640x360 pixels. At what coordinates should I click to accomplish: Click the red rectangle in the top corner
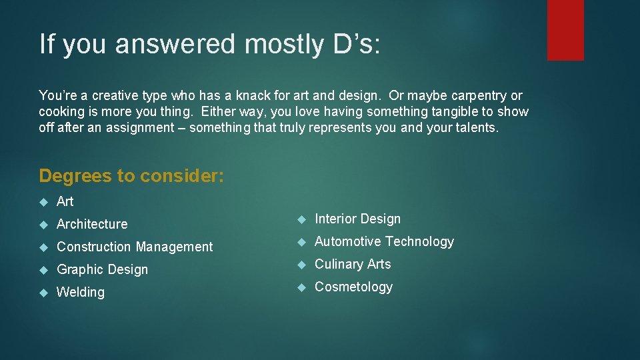[x=565, y=30]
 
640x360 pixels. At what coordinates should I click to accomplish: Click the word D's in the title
[x=355, y=45]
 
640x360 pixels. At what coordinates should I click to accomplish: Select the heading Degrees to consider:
[x=131, y=176]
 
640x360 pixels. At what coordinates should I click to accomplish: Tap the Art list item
[x=65, y=201]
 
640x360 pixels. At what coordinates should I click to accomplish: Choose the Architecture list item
[x=92, y=224]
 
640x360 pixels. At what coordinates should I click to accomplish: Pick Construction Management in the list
[x=135, y=247]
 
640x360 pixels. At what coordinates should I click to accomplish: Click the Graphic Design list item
[x=102, y=269]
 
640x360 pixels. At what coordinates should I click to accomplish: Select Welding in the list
[x=81, y=292]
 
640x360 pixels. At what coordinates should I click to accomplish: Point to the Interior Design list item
[x=357, y=219]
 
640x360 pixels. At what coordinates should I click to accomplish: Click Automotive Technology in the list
[x=384, y=241]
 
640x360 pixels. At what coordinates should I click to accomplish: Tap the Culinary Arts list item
[x=353, y=264]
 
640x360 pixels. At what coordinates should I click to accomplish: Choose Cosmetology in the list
[x=353, y=287]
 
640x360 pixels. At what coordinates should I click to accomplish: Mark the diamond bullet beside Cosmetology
[x=301, y=287]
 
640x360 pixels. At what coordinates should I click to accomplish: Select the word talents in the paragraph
[x=475, y=128]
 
